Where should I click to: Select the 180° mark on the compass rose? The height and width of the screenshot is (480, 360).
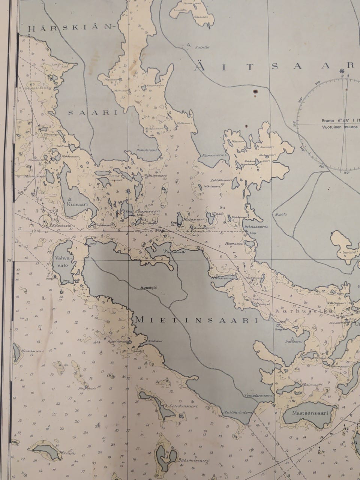pos(346,173)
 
